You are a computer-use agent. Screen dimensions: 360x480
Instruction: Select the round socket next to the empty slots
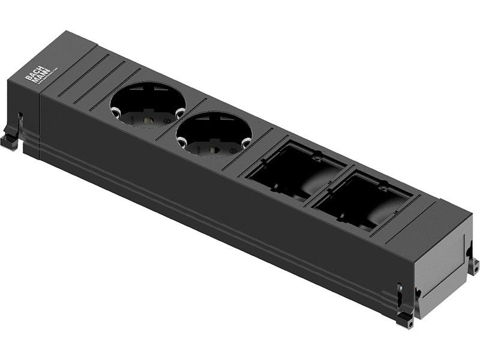(214, 140)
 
